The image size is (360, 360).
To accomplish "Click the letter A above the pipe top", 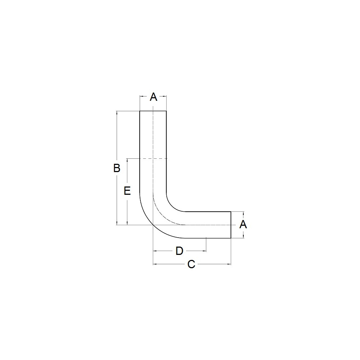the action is pos(153,97).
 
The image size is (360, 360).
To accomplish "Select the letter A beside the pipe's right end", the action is pos(243,224).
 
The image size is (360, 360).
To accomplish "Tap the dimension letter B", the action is pos(117,168).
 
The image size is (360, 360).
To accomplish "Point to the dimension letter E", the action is pos(127,191).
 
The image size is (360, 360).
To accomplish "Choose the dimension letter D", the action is pos(179,251).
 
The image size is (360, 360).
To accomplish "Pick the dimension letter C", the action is pos(191,264).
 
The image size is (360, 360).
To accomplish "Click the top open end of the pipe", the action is pos(153,111).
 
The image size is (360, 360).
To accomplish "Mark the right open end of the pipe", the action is pos(231,225).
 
